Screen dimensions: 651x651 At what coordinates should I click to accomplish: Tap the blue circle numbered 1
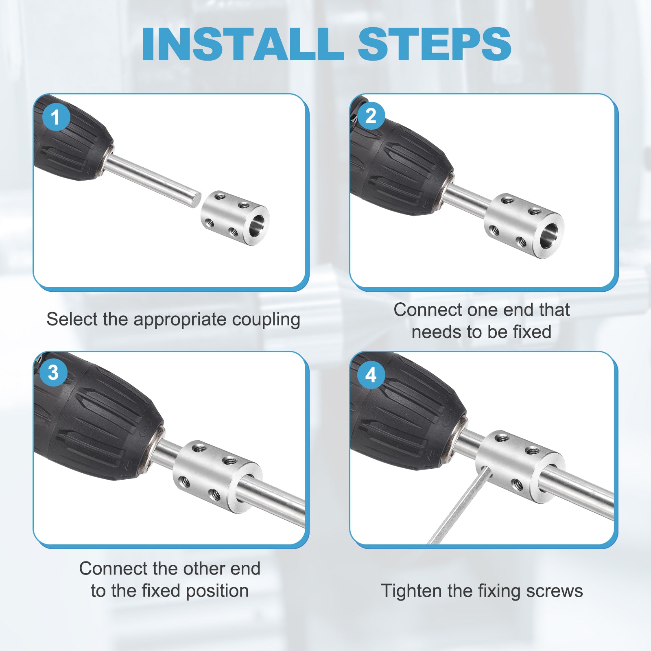click(x=56, y=117)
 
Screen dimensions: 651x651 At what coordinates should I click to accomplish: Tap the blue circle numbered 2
click(x=371, y=116)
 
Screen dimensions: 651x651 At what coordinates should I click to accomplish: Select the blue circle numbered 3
click(x=53, y=373)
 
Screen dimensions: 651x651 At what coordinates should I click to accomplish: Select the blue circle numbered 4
click(x=371, y=375)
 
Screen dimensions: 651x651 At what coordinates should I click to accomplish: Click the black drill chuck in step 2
click(x=401, y=163)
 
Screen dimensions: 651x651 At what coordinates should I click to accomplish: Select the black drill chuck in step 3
click(x=98, y=419)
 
